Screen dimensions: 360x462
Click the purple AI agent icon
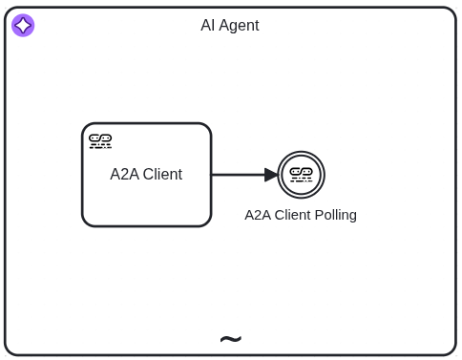(23, 26)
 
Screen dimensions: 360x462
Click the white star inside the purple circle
(23, 26)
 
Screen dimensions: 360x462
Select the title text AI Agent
(229, 26)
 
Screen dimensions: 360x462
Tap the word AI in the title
(207, 26)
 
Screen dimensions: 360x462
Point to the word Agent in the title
(239, 26)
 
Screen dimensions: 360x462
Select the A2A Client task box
(146, 201)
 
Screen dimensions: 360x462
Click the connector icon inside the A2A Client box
(100, 141)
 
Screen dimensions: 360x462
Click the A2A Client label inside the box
(146, 175)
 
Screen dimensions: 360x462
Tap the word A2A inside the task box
(124, 175)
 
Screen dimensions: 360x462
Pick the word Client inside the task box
(162, 175)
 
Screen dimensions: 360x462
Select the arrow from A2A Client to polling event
(239, 175)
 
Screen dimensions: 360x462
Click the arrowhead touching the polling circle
(271, 175)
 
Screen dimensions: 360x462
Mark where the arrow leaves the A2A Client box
(213, 175)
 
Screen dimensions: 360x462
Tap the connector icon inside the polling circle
(302, 174)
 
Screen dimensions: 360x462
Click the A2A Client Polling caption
(301, 215)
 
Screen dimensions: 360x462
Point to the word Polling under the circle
(335, 215)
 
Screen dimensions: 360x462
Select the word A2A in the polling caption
(258, 215)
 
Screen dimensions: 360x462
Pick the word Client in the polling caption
(292, 215)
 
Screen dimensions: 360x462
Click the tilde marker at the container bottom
(230, 340)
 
